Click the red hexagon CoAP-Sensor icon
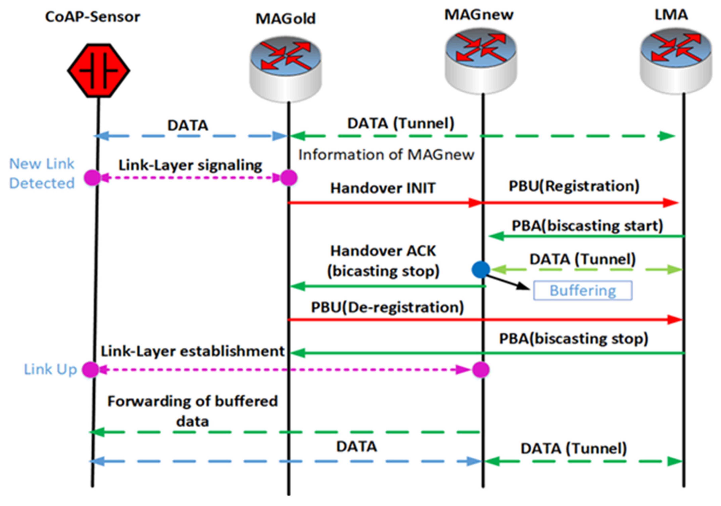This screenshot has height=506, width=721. pyautogui.click(x=99, y=71)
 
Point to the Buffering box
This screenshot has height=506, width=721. pyautogui.click(x=583, y=290)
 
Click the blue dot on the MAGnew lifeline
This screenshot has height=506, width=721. pyautogui.click(x=481, y=269)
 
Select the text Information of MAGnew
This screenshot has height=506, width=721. pyautogui.click(x=386, y=155)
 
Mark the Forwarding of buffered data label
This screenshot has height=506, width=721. pyautogui.click(x=192, y=411)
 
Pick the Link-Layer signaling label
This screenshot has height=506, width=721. pyautogui.click(x=190, y=165)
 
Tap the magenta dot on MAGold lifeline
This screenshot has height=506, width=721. pyautogui.click(x=289, y=178)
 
